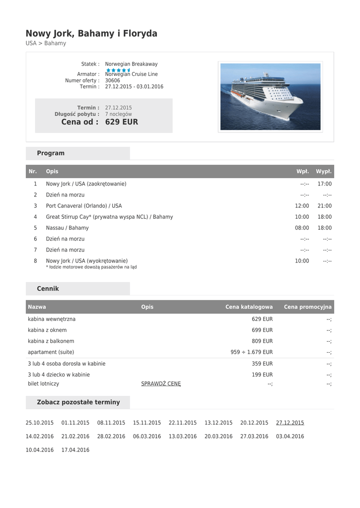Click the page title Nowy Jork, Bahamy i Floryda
pos(91,34)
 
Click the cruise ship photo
pos(270,97)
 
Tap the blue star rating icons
pos(118,70)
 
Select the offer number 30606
pos(113,80)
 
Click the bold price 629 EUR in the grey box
pos(122,122)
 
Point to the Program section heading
pos(51,153)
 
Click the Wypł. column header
pos(324,172)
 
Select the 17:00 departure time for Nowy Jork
pos(324,184)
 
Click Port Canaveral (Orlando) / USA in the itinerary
pos(84,206)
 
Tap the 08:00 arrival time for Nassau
pos(302,228)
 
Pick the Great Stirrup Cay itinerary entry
pos(109,217)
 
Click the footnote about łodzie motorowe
pos(91,267)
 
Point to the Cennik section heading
pos(48,289)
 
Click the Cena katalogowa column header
pos(249,307)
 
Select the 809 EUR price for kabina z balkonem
pos(262,341)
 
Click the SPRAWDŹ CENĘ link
pos(161,383)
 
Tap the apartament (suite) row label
pos(51,352)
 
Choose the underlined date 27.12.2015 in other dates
pos(290,423)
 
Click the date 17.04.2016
pos(75,450)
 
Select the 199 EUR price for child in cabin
pos(262,375)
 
